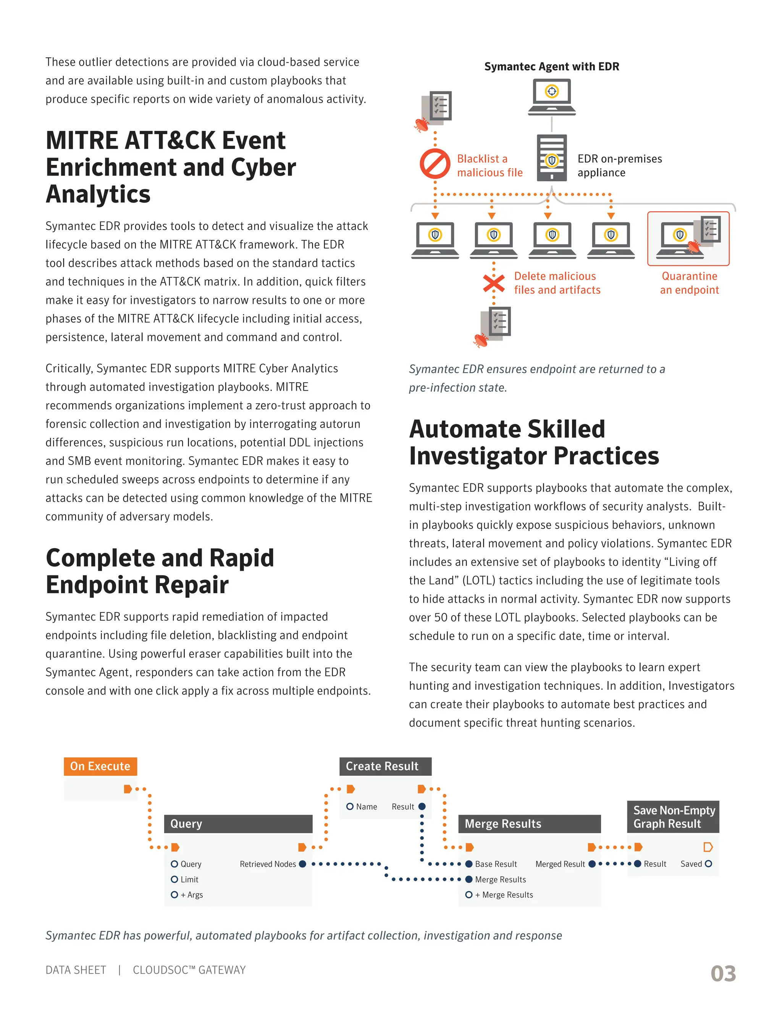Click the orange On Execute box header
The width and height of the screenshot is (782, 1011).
[100, 766]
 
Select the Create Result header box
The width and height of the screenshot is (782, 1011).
[385, 766]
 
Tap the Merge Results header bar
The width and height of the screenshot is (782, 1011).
[529, 824]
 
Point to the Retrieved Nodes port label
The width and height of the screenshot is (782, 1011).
[268, 864]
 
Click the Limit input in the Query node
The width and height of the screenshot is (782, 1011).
[189, 879]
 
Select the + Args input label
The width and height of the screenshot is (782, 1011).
[191, 895]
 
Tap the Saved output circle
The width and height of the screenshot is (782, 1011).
[708, 864]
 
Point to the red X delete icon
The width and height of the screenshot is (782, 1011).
[494, 283]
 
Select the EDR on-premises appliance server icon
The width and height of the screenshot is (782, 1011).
[552, 158]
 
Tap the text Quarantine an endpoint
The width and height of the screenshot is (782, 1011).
[689, 283]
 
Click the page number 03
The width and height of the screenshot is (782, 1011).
[723, 974]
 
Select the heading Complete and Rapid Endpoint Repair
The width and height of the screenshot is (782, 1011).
[160, 571]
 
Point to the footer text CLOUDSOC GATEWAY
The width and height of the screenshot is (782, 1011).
[189, 970]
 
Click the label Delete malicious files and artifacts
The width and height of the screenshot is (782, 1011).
[557, 283]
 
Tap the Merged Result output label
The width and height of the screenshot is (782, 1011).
[560, 864]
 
